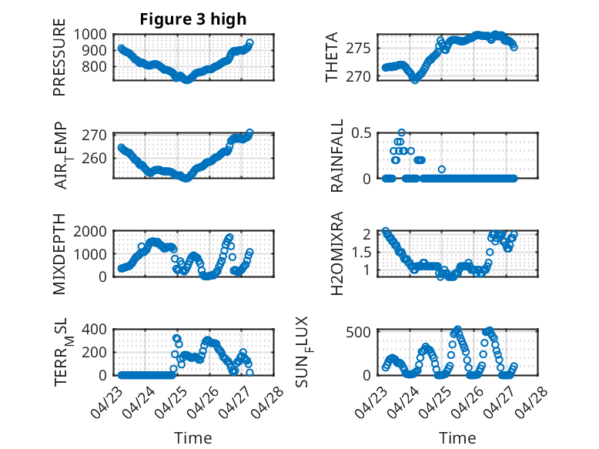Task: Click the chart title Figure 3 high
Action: (193, 19)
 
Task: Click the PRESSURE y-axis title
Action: (59, 57)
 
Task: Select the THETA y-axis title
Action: (332, 57)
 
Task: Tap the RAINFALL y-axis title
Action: (337, 156)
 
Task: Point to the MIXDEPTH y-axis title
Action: (59, 254)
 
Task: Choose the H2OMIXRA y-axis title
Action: (337, 253)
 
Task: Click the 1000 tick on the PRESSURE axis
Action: (90, 35)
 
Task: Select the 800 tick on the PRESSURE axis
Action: (95, 66)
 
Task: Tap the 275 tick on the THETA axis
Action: (359, 49)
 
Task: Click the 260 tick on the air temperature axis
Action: (95, 158)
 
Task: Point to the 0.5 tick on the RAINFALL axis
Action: (361, 133)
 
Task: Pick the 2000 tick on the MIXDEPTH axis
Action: (90, 231)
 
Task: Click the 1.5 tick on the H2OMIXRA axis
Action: (361, 252)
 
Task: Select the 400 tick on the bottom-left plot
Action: (95, 329)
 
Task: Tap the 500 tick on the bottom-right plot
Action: (359, 332)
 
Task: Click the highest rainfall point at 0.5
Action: (401, 132)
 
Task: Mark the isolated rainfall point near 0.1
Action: (442, 169)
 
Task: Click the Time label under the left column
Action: (193, 438)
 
